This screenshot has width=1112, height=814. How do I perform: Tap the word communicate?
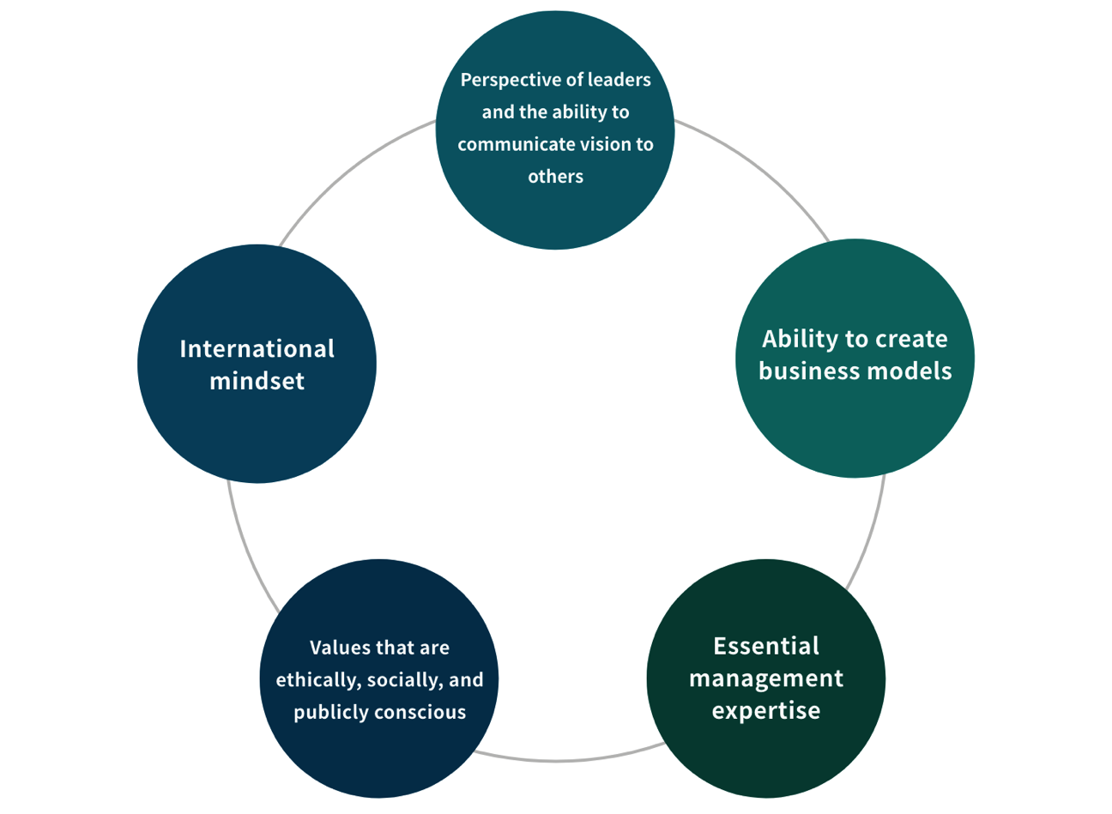point(507,145)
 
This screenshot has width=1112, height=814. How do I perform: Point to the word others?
point(555,177)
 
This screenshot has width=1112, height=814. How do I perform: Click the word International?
point(257,349)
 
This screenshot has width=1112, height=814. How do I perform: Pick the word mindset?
point(257,381)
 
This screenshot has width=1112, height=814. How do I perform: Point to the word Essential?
point(766,646)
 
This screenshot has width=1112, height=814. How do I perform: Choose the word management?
point(766,678)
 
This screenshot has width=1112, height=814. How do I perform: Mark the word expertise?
point(766,711)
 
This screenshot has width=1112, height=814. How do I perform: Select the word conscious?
point(426,713)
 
